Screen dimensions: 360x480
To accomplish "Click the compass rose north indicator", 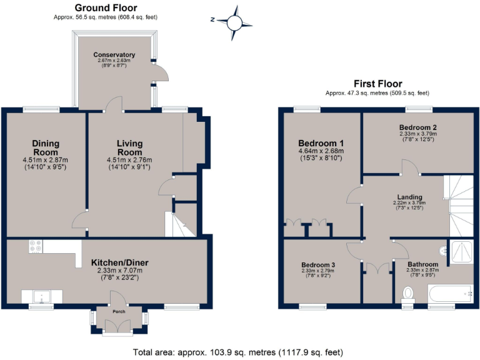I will [x=234, y=22].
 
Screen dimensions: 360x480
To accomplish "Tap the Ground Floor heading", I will [x=106, y=7].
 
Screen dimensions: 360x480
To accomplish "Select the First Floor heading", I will [x=377, y=84].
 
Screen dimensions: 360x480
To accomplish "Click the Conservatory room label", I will [x=114, y=55].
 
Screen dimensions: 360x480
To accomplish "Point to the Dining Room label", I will [x=45, y=148].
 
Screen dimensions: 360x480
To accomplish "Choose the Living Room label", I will [x=129, y=148].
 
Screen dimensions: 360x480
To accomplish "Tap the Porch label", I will [x=119, y=311].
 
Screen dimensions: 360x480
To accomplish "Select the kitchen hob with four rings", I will [x=34, y=247].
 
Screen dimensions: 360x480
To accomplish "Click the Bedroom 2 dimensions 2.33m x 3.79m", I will [x=418, y=133].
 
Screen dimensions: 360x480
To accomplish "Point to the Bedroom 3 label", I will [x=318, y=265].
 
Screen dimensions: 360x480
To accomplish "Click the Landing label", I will [x=409, y=197].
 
